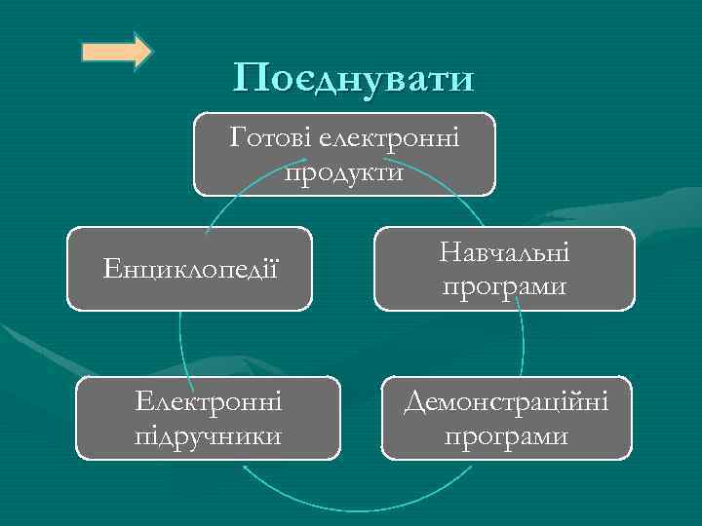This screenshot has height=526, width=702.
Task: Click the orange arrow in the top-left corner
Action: (x=116, y=51)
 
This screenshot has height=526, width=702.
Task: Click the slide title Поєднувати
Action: (x=354, y=78)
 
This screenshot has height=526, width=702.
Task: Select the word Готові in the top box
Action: (x=266, y=137)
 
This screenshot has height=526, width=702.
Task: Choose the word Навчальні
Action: (x=504, y=253)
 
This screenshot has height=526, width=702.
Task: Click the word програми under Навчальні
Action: (x=504, y=286)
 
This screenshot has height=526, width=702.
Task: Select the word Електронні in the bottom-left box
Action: (x=209, y=401)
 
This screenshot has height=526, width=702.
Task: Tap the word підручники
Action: (x=209, y=434)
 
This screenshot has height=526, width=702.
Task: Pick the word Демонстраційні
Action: (x=506, y=401)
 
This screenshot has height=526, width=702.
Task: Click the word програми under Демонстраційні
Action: (x=506, y=434)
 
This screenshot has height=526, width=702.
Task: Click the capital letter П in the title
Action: (x=250, y=78)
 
